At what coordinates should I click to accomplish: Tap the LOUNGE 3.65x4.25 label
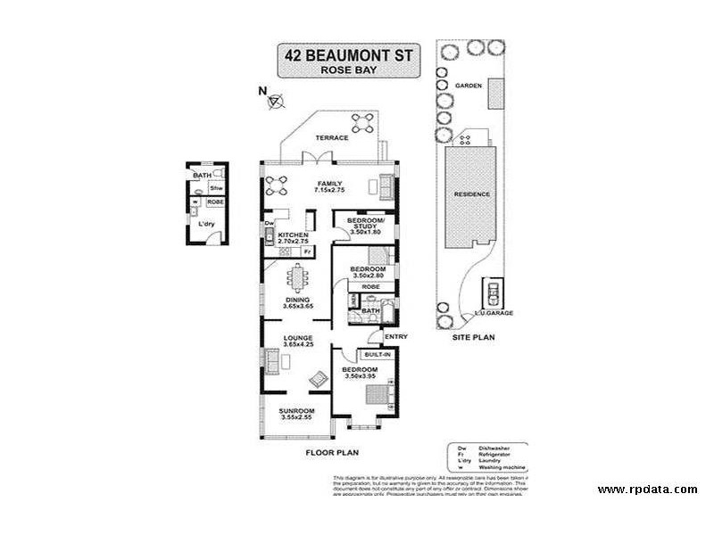click(x=297, y=342)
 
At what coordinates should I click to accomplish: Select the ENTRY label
click(x=395, y=336)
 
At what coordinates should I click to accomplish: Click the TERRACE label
click(x=331, y=139)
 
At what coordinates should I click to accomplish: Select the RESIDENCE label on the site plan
click(x=471, y=193)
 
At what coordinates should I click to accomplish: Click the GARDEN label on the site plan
click(x=469, y=86)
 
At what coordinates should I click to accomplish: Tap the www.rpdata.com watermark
click(x=647, y=490)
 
